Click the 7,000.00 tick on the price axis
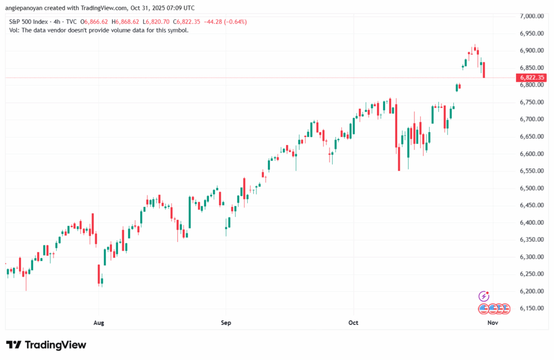coord(531,16)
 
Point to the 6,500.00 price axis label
coord(531,188)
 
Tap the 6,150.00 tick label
coord(531,309)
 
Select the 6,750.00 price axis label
coord(531,102)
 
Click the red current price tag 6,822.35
coord(533,78)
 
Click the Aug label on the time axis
coord(98,323)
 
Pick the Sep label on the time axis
coord(226,323)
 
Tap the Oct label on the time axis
coord(353,323)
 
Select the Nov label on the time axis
coord(492,323)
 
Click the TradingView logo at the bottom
coord(46,345)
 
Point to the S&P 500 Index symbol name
coord(28,22)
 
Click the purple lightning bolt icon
coord(484,296)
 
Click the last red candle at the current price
coord(484,70)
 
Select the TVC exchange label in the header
coord(71,22)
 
